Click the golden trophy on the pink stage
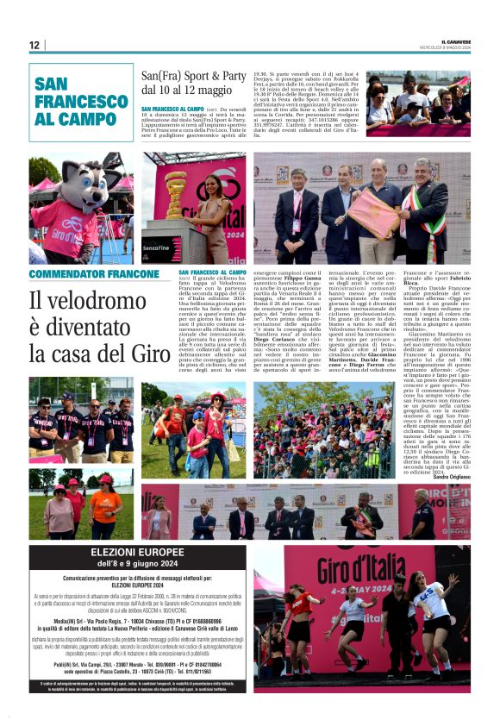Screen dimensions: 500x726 click(x=176, y=195)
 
